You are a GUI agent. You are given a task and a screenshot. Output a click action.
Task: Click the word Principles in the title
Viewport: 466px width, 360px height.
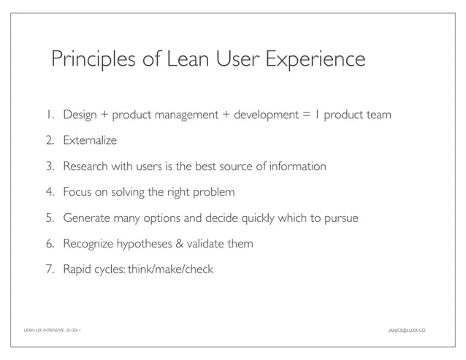[93, 59]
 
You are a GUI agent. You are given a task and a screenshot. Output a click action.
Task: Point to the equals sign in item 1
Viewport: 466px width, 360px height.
[305, 115]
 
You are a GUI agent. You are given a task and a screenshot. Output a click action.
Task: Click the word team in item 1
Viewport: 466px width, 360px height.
[378, 115]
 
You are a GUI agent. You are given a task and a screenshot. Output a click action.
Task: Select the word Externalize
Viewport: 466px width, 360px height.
[90, 140]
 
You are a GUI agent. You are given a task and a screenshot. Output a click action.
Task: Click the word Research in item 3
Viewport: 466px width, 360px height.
[86, 166]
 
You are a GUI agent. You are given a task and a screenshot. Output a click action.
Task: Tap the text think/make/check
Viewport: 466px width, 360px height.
[170, 270]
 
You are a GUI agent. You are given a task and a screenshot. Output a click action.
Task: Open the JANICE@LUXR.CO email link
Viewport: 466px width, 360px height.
[406, 330]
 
